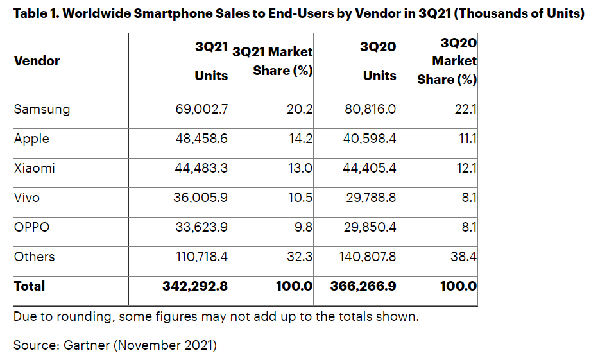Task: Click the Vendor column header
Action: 37,61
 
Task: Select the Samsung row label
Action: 42,109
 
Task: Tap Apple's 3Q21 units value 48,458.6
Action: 201,139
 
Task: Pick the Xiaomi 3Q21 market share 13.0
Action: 300,168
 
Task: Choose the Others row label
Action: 34,257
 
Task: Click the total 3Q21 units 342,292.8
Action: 195,286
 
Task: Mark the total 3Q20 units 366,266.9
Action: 363,286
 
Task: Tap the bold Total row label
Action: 30,286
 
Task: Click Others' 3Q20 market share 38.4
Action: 463,257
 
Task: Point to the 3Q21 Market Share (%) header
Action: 273,62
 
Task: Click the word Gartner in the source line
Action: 87,345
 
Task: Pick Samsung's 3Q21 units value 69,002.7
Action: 201,109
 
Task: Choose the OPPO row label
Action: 32,227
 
